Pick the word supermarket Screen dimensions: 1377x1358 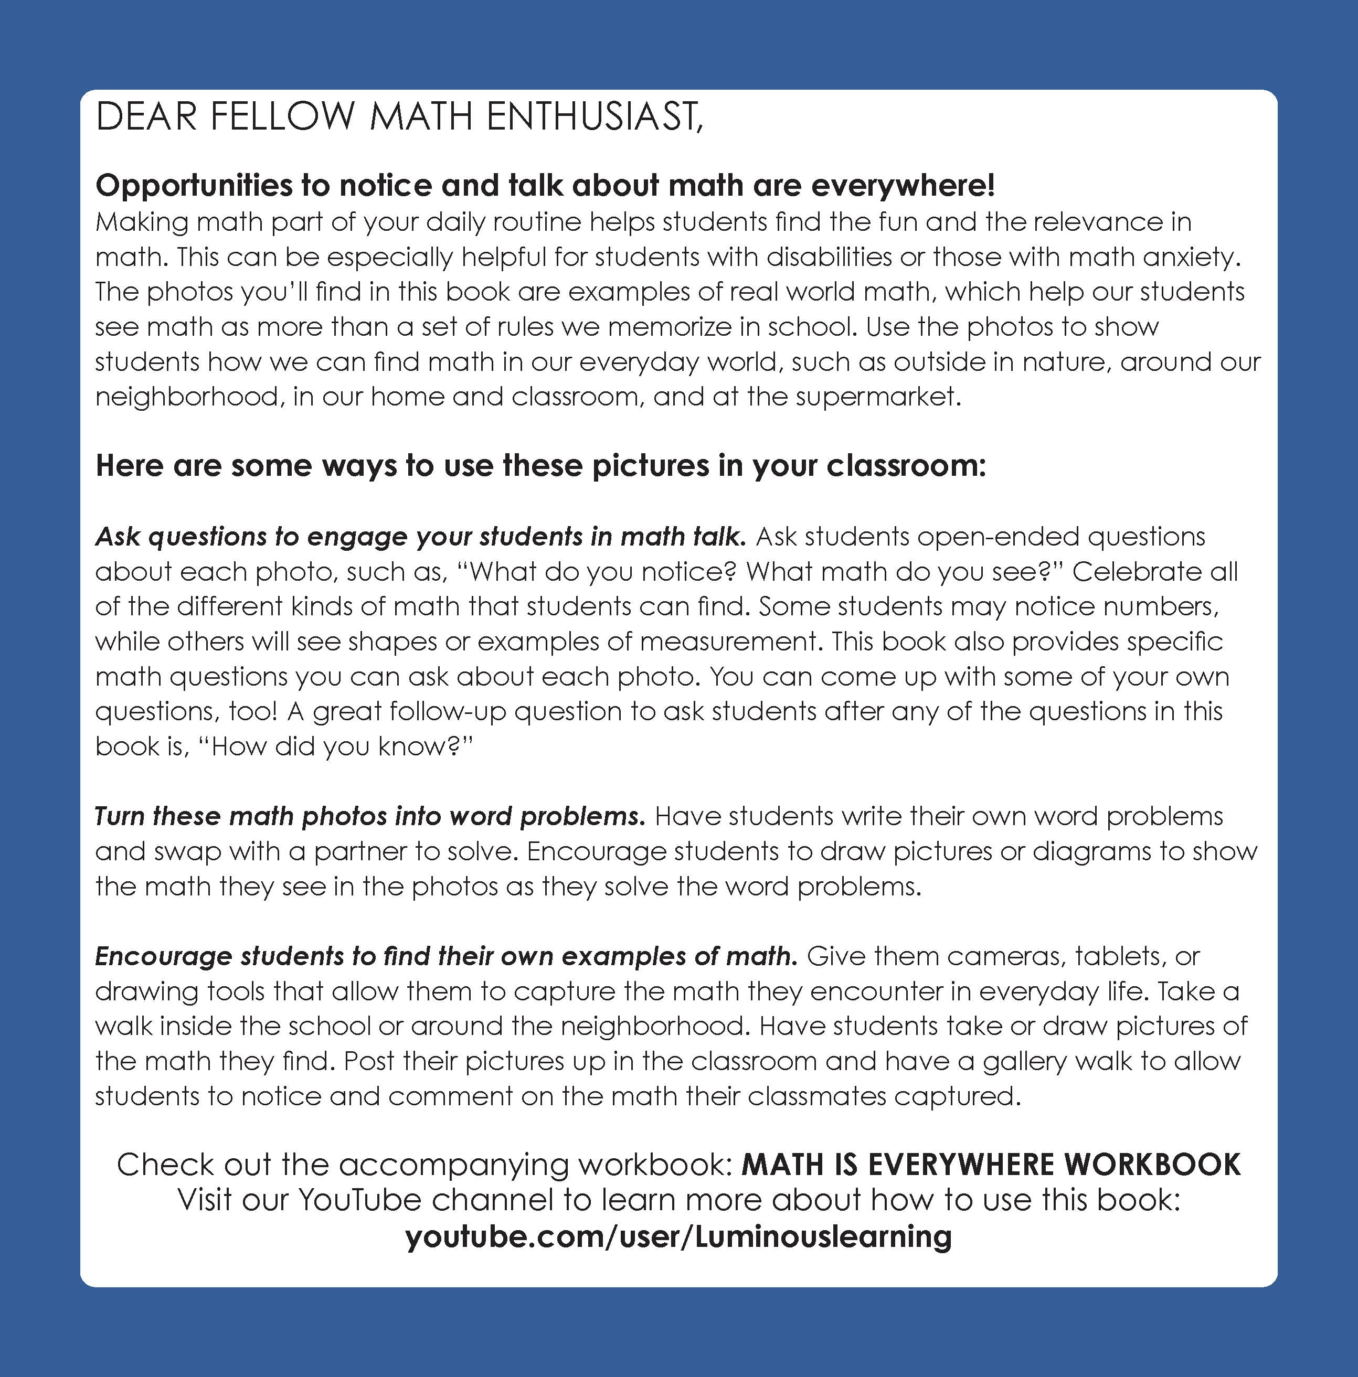point(878,396)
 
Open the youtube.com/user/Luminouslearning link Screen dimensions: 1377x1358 point(678,1236)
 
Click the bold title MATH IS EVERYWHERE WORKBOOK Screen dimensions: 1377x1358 point(991,1165)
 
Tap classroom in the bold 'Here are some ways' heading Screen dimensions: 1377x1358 point(906,466)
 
